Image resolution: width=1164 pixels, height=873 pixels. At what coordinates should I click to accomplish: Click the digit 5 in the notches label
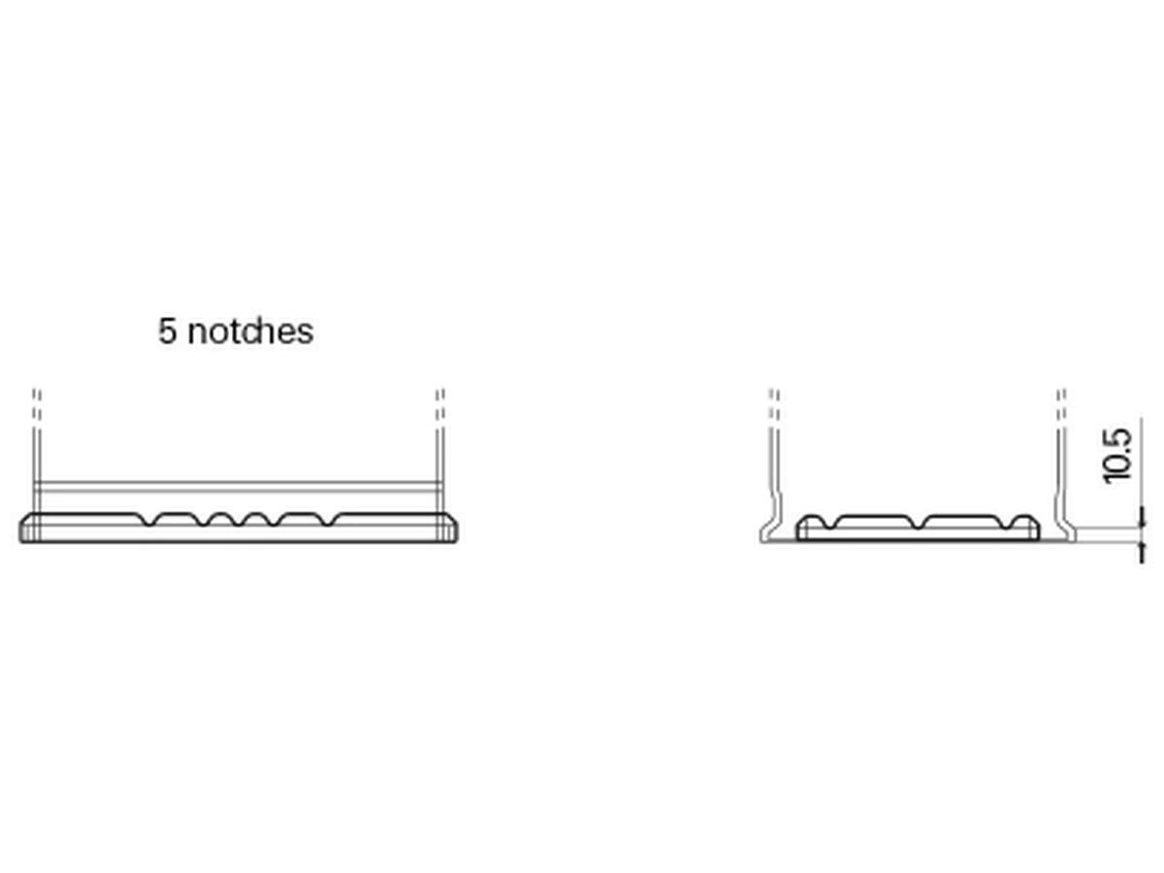[x=167, y=331]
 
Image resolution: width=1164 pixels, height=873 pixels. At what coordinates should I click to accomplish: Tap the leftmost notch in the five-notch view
[x=149, y=520]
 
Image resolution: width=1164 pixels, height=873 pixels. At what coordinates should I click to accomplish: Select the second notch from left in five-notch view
[x=205, y=520]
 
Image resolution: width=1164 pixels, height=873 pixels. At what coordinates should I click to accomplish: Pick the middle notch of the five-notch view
[x=241, y=520]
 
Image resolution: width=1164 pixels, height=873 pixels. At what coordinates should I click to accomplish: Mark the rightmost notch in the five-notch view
[x=329, y=520]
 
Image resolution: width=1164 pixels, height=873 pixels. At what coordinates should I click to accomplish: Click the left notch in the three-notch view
[x=828, y=522]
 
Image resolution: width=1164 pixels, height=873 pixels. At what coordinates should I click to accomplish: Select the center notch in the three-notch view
[x=918, y=522]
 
